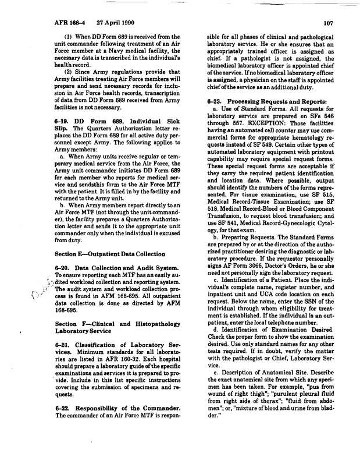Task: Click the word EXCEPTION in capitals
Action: click(273, 125)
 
